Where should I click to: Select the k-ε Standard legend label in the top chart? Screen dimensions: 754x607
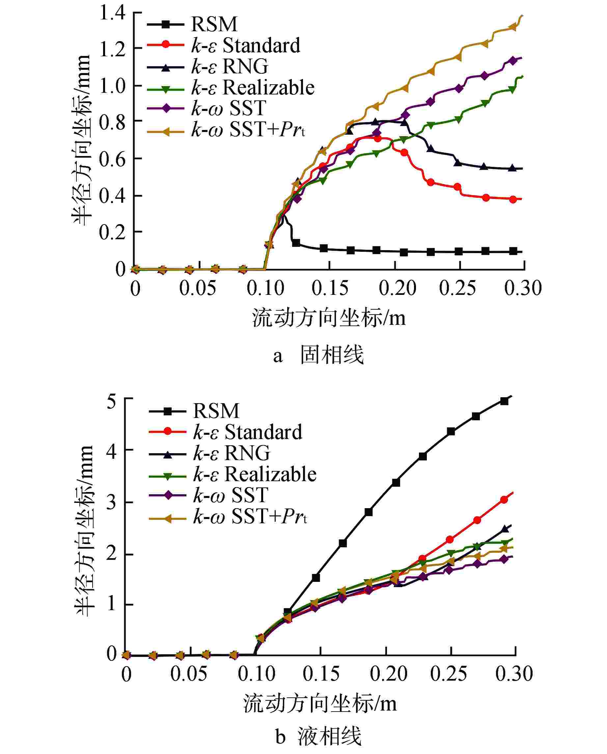[x=245, y=45]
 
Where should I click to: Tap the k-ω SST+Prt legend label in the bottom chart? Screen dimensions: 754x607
[x=250, y=516]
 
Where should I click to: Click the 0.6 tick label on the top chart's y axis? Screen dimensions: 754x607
[x=112, y=159]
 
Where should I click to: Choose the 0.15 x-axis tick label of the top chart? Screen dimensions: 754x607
[x=330, y=289]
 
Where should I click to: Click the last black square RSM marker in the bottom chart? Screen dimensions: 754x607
[x=504, y=401]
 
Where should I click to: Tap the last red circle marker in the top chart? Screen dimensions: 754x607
[x=513, y=199]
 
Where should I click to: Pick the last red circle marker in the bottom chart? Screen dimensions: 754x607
[x=504, y=500]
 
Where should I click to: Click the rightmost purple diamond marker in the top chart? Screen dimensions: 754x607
[x=513, y=61]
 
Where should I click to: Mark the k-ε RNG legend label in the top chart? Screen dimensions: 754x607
[x=230, y=66]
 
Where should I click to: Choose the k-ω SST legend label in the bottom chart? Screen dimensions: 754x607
[x=231, y=495]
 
